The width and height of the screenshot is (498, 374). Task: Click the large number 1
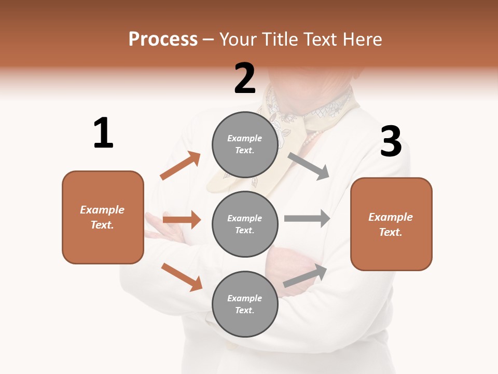coord(103,133)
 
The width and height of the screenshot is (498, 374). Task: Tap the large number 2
coord(245,78)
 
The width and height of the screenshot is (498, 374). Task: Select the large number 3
coord(391,141)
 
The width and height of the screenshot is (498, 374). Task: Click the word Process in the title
coord(163,39)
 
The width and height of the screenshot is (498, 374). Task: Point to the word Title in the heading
coord(279,39)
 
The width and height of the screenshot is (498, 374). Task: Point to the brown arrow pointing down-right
coord(182,276)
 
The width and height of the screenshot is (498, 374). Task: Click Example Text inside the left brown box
coord(102,217)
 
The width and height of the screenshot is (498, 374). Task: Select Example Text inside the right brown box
coord(391,224)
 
